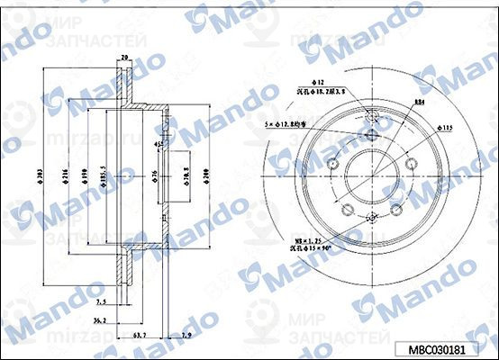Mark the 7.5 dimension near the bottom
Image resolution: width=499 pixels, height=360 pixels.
(x=101, y=302)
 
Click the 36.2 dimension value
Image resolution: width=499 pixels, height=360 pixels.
(x=102, y=319)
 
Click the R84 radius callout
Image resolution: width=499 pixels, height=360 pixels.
(x=421, y=103)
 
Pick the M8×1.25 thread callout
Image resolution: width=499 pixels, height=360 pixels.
(x=309, y=240)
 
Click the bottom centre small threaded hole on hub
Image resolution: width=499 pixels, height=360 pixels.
(x=373, y=219)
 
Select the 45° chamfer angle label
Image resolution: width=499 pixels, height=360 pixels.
(x=157, y=144)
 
